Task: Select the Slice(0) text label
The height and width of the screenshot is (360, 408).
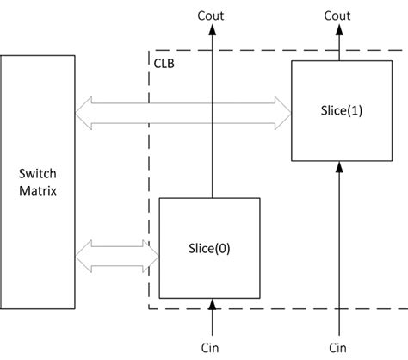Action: pyautogui.click(x=210, y=247)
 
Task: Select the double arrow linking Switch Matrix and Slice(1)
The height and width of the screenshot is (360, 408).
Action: pyautogui.click(x=182, y=110)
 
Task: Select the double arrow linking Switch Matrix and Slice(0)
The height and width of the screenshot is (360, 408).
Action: pyautogui.click(x=118, y=254)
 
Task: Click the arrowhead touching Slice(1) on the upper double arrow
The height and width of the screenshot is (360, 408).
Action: pyautogui.click(x=281, y=110)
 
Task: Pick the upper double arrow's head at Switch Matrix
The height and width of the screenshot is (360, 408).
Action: pyautogui.click(x=83, y=110)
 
